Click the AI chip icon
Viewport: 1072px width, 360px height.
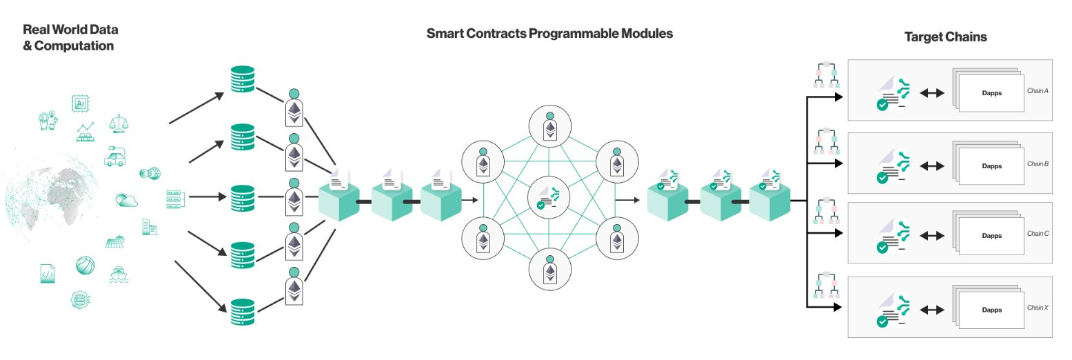(x=80, y=103)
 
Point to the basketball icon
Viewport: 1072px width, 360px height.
(x=85, y=265)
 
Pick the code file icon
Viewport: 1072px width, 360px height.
(x=47, y=273)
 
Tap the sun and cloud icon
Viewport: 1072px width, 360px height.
(x=127, y=200)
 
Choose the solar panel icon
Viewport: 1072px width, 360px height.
(x=114, y=241)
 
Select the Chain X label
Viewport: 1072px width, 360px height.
(x=1038, y=308)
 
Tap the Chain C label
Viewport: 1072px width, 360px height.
(x=1038, y=234)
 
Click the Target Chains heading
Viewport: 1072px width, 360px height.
(x=945, y=37)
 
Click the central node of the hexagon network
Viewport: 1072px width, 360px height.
(x=550, y=199)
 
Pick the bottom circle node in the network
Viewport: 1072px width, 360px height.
(x=550, y=269)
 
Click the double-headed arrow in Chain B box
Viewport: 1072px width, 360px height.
(x=932, y=166)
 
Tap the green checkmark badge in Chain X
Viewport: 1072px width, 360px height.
(x=881, y=321)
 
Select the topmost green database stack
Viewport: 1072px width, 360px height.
(x=242, y=80)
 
